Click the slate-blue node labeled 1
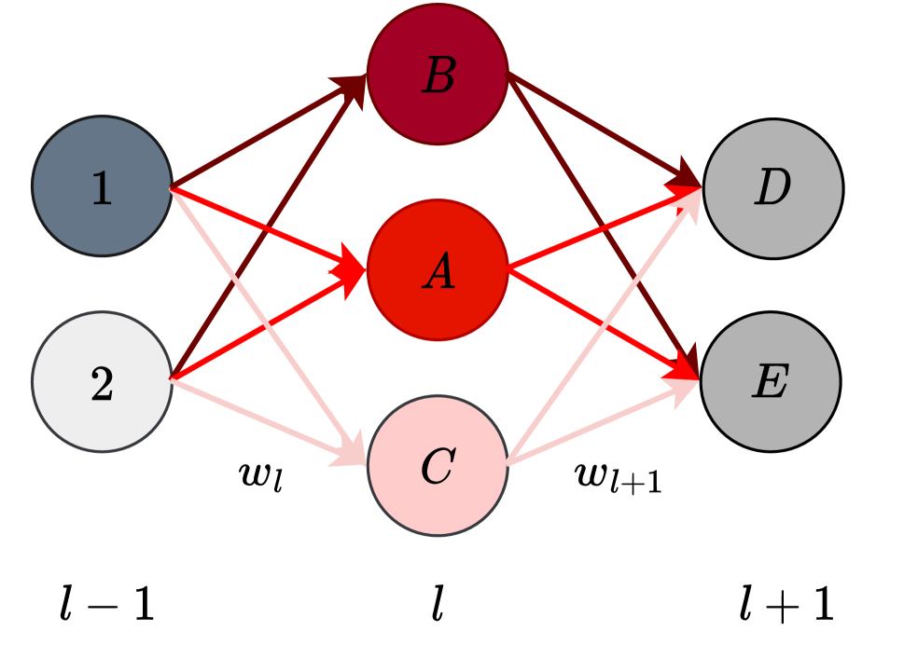[102, 186]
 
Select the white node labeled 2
[102, 382]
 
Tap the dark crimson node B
[438, 75]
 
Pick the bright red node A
[438, 270]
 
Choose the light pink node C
[438, 465]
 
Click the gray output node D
[772, 188]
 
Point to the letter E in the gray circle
[771, 382]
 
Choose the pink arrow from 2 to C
[280, 428]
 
